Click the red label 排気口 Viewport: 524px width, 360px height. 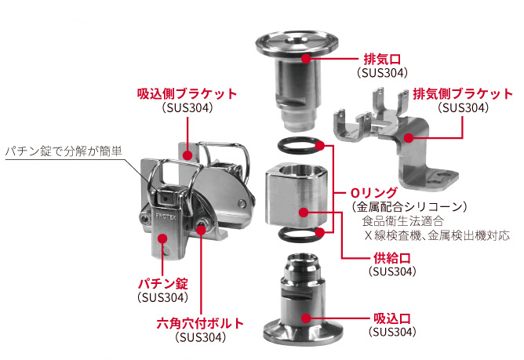(x=382, y=60)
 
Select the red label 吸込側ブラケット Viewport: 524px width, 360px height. (x=187, y=94)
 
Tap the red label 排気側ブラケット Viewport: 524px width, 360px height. (x=463, y=94)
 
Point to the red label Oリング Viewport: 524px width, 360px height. (x=374, y=193)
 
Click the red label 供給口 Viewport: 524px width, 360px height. (x=391, y=258)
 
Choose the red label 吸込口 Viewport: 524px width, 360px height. (x=392, y=318)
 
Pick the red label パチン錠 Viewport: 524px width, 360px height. (x=163, y=284)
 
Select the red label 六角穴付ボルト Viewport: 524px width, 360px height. (x=200, y=324)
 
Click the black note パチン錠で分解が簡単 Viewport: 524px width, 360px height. (x=64, y=151)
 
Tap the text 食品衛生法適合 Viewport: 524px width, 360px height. (x=403, y=221)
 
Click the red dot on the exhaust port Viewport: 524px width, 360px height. (x=306, y=59)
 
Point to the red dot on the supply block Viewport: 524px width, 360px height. (x=304, y=213)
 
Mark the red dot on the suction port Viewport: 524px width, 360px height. (x=306, y=318)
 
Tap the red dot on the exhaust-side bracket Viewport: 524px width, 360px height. (x=409, y=137)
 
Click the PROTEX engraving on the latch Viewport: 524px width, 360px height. (x=166, y=216)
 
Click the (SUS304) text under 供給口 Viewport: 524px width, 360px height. (x=392, y=271)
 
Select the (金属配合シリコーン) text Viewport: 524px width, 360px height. (x=409, y=207)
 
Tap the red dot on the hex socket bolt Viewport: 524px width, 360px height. (x=201, y=229)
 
